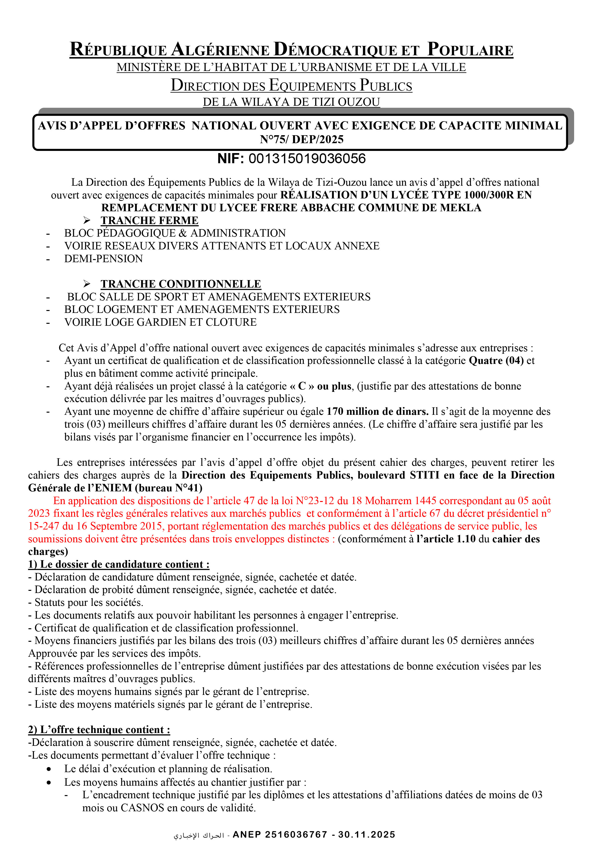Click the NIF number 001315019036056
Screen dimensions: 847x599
[x=307, y=159]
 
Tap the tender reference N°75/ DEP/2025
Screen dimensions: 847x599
[x=301, y=140]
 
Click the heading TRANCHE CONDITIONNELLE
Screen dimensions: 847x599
[x=181, y=284]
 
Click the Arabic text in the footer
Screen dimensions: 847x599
[x=199, y=835]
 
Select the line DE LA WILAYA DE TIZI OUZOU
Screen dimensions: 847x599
[x=291, y=102]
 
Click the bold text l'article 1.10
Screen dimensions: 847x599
[x=446, y=539]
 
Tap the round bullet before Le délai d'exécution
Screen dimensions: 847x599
[x=49, y=769]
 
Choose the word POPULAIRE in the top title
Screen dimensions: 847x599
[x=470, y=50]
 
